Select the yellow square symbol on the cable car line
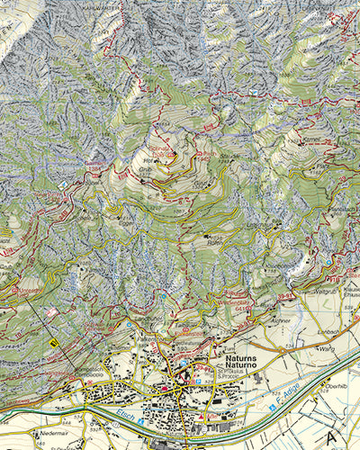point(54,342)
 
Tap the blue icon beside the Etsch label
point(140,419)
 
